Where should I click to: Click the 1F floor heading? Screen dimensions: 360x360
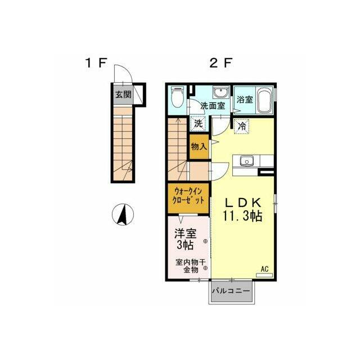(x=96, y=62)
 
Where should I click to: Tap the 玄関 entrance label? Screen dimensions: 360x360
(x=123, y=94)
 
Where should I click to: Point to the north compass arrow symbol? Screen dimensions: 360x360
(x=123, y=214)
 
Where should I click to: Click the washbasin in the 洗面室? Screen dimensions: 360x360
(x=220, y=92)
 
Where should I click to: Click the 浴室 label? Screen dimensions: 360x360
(x=245, y=100)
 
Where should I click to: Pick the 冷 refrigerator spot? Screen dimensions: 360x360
(x=242, y=126)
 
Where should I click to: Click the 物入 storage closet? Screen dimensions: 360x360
(x=199, y=146)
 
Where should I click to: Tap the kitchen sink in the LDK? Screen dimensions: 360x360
(x=246, y=160)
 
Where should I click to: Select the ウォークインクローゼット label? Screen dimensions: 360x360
(x=189, y=196)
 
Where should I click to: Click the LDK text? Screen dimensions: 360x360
(x=243, y=202)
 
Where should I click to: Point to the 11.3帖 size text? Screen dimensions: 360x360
(x=242, y=215)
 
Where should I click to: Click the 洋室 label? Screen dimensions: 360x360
(x=186, y=233)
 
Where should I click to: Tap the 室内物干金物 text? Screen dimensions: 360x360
(x=191, y=266)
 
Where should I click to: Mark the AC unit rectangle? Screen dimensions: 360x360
(x=264, y=275)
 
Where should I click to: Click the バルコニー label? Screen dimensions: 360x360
(x=231, y=291)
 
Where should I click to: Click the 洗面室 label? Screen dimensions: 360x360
(x=213, y=106)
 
